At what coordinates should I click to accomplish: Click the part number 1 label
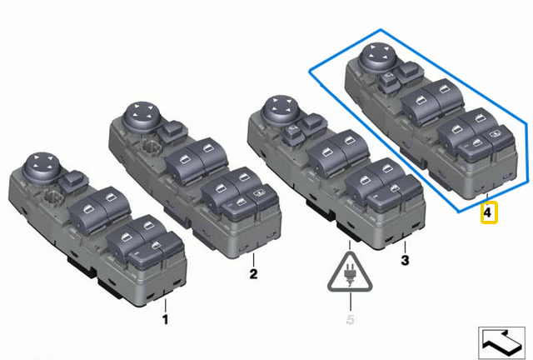tap(165, 318)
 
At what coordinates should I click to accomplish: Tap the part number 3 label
tap(405, 260)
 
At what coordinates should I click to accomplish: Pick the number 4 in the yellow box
tap(488, 214)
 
